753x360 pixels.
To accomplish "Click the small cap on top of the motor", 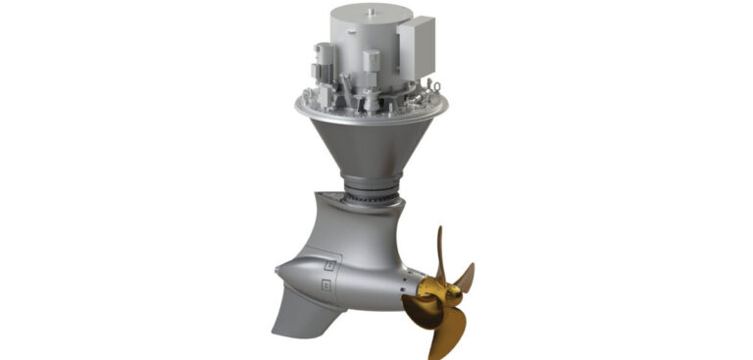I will point(376,10).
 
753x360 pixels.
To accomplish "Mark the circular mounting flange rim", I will point(373,110).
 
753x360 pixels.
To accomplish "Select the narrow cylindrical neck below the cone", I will point(372,182).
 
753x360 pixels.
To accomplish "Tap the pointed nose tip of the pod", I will point(277,270).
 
